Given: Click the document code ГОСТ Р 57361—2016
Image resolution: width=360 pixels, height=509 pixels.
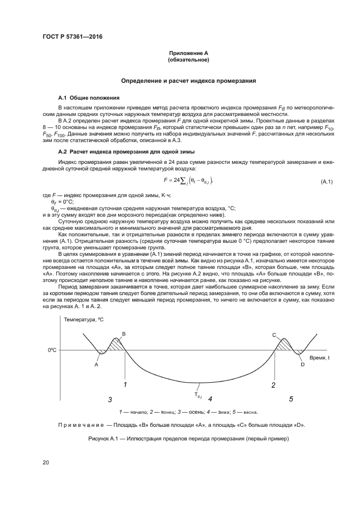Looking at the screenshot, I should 72,36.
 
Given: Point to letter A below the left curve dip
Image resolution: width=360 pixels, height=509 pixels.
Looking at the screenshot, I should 96,365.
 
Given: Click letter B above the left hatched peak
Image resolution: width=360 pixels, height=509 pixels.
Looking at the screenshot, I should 124,333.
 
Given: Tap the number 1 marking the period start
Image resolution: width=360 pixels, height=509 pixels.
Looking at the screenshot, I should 125,385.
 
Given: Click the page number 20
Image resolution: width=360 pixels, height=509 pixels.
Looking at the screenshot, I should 46,463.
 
